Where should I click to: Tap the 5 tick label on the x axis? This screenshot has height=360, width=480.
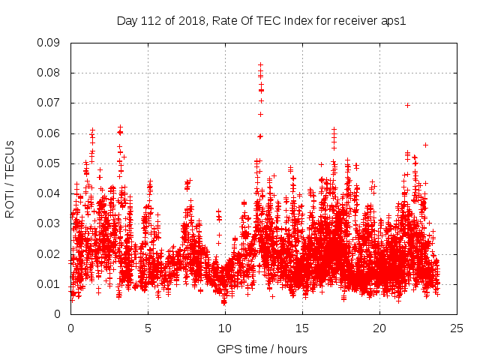[148, 328]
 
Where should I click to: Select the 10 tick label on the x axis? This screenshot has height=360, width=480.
[225, 328]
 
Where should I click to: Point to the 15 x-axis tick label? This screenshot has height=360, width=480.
[302, 328]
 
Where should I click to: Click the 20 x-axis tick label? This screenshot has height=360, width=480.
[379, 328]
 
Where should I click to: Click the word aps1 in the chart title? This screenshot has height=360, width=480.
[394, 20]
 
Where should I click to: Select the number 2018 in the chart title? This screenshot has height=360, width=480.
[191, 20]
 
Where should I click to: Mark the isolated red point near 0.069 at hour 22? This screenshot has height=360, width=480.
[407, 105]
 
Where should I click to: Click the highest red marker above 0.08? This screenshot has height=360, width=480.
[260, 64]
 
